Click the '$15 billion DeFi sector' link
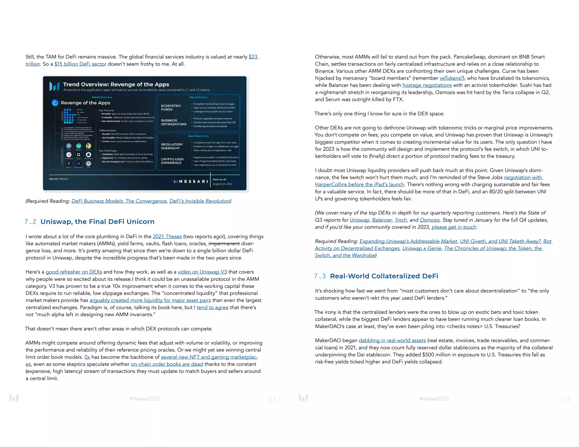80,64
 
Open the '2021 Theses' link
167,236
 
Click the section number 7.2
30,222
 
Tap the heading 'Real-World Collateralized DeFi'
384,276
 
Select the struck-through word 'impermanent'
224,244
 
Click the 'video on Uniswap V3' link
202,272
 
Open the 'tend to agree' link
212,307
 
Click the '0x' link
87,357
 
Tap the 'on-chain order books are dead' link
167,364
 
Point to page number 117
275,400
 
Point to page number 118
564,400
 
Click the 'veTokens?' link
451,78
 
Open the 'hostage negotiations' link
427,85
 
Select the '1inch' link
401,220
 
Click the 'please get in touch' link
454,227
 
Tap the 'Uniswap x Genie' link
422,248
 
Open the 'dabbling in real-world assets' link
392,340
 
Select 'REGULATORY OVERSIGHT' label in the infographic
172,146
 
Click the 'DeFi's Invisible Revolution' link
200,201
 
